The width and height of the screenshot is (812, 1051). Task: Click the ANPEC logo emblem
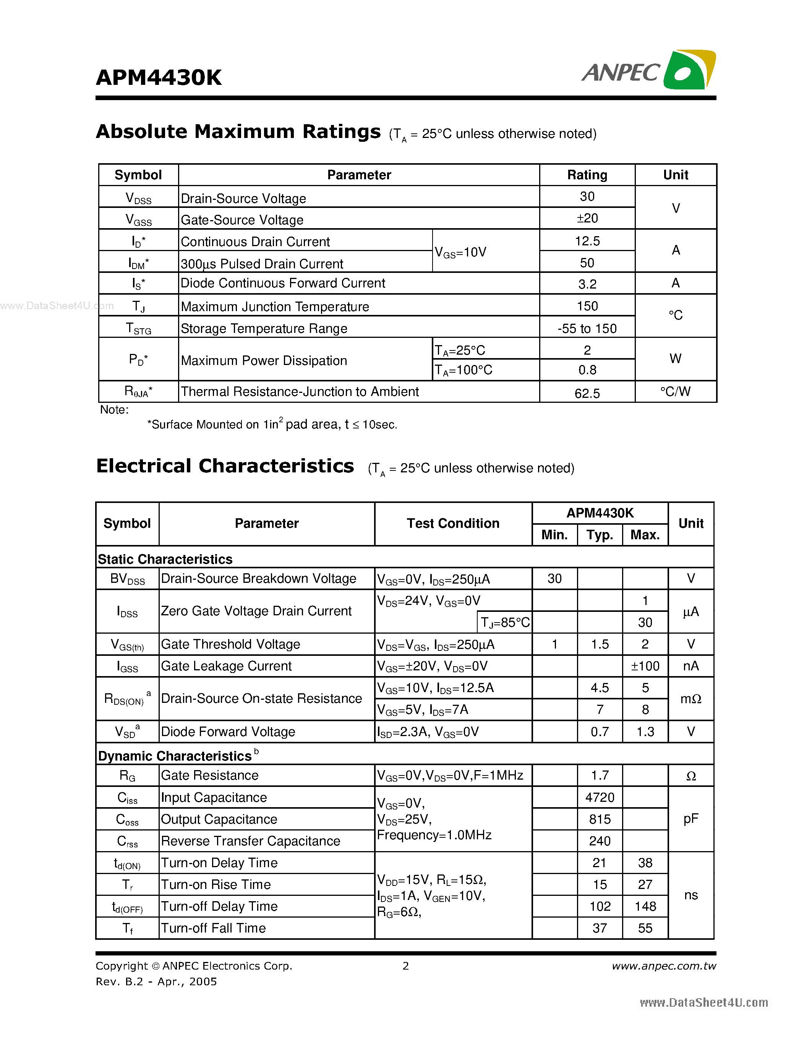coord(689,70)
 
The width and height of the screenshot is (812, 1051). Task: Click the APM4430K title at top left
coord(159,78)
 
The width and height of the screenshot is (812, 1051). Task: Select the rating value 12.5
coord(587,241)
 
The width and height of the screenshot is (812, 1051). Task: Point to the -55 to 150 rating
coord(587,329)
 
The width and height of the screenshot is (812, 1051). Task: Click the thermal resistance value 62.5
coord(587,394)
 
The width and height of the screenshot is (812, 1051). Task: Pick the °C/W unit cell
coord(675,392)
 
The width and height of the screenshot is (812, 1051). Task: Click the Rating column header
coord(587,175)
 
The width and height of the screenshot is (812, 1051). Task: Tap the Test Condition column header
coord(453,524)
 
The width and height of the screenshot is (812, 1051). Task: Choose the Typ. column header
coord(600,535)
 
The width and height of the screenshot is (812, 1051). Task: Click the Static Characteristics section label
coord(165,559)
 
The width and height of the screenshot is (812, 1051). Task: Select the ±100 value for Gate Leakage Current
coord(645,667)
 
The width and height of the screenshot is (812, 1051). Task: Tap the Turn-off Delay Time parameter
coord(219,907)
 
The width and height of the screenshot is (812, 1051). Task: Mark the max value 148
coord(645,907)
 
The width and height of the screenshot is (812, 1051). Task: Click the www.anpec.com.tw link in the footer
coord(663,966)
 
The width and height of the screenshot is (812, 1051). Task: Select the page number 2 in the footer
coord(405,966)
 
